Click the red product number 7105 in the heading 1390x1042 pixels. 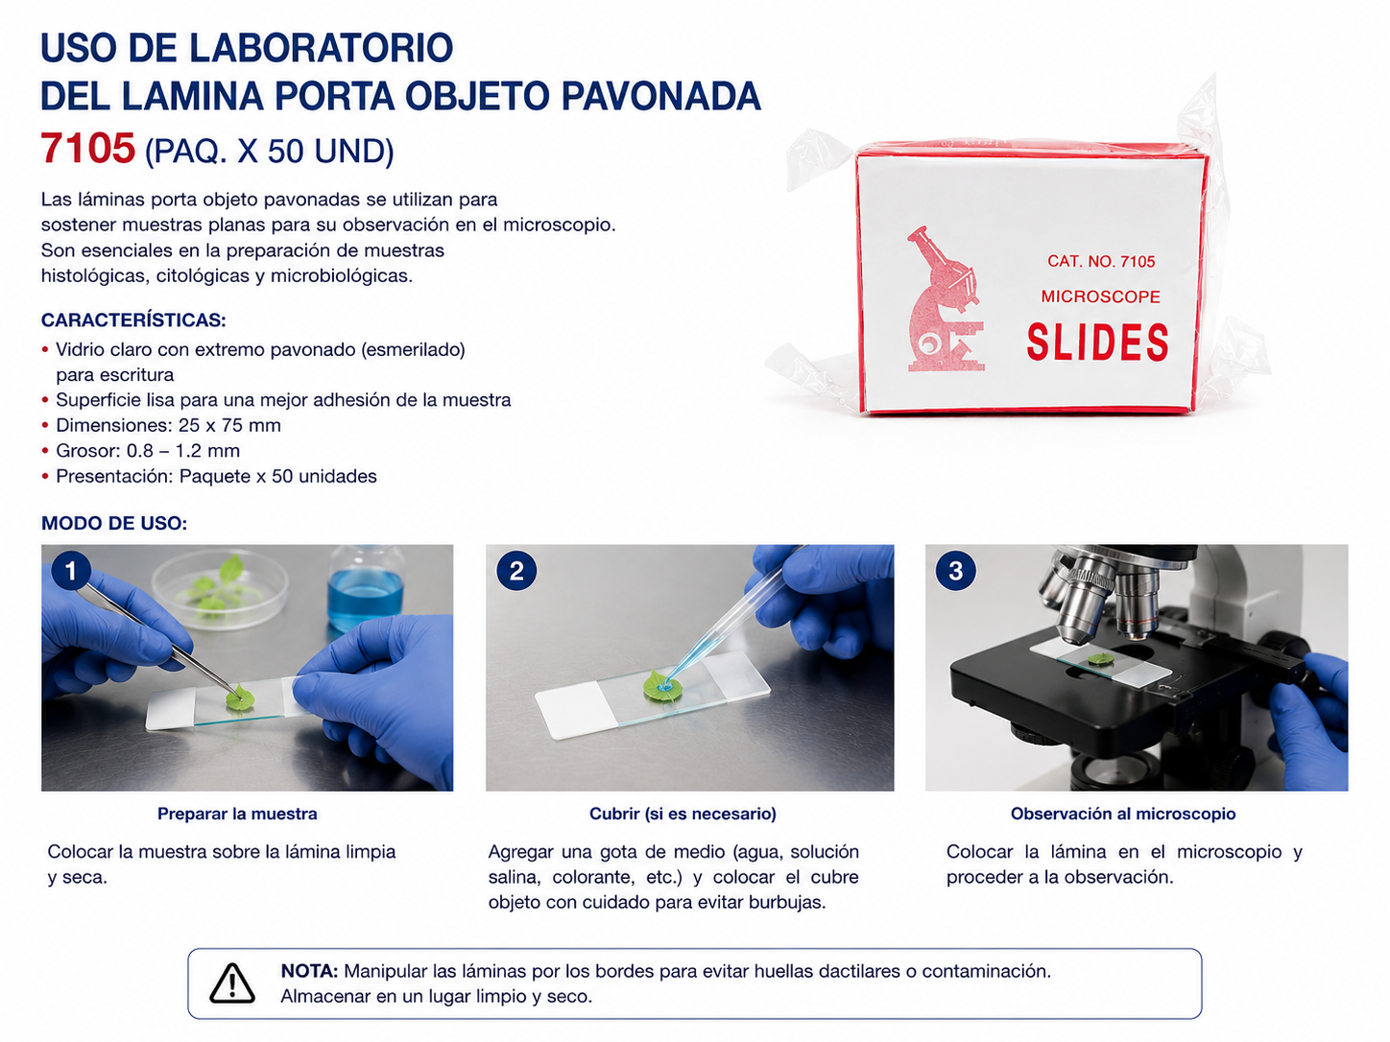tap(88, 148)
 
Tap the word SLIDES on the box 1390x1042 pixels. tap(1097, 343)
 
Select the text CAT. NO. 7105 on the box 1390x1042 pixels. tap(1101, 261)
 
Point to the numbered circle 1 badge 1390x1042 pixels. tap(70, 571)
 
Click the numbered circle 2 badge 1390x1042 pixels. tap(516, 571)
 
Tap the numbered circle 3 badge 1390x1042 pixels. tap(955, 571)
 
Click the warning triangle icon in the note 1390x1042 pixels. tap(232, 983)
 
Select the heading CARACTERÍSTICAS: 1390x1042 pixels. tap(133, 320)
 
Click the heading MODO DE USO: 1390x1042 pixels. tap(114, 523)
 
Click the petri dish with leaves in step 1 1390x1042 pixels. tap(220, 588)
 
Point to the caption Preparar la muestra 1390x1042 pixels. tap(237, 814)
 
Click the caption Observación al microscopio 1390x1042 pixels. tap(1123, 814)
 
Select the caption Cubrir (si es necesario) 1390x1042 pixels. tap(683, 814)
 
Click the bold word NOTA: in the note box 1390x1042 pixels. tap(310, 970)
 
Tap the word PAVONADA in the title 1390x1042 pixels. tap(660, 96)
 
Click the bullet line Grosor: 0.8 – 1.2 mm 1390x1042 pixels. tap(148, 450)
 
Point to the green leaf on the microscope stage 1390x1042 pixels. tap(1101, 659)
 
